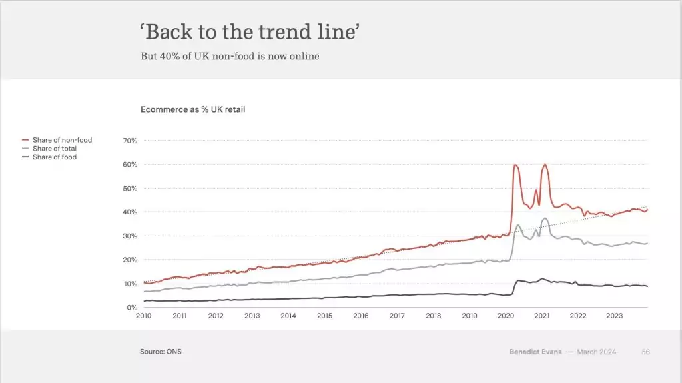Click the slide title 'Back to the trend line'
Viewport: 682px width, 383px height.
pos(250,32)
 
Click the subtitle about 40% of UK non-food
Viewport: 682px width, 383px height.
pos(230,56)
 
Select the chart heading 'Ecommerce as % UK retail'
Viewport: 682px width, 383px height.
pos(192,109)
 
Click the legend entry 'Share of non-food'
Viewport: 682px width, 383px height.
pos(62,140)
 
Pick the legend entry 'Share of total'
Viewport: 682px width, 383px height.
pos(54,149)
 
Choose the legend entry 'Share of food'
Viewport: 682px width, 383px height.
pos(54,157)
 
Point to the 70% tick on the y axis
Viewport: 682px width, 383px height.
pos(130,141)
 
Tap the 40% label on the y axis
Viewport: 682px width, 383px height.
pos(130,212)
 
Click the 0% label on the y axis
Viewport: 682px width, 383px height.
pos(131,308)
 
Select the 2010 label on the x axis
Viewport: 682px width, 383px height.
pos(144,316)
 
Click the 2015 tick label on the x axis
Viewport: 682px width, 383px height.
pos(324,316)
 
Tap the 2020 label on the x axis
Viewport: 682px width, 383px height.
pos(506,316)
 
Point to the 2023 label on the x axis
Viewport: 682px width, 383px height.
pos(614,316)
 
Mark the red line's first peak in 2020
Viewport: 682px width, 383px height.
pos(515,165)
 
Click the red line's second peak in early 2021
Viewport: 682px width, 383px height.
pos(545,164)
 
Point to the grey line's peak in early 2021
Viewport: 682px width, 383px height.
pos(545,218)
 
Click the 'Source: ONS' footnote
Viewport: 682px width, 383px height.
pos(160,352)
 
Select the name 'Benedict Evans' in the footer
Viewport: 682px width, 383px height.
pos(535,352)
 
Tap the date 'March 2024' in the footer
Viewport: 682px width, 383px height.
pos(597,352)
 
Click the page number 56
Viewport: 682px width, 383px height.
pos(645,352)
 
